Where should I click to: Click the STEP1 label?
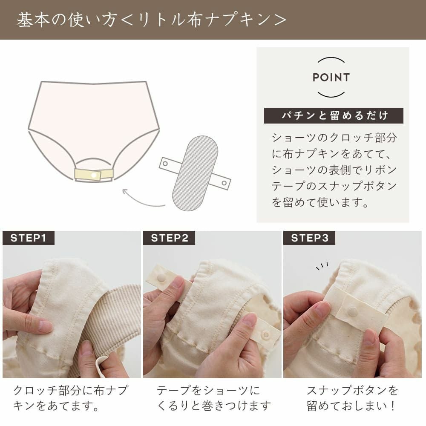tap(28, 238)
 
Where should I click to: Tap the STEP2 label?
tap(169, 238)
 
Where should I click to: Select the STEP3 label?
tap(310, 238)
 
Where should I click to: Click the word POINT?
tap(331, 78)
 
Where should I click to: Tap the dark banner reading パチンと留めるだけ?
tap(334, 115)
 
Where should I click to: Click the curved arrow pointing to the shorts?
tap(143, 199)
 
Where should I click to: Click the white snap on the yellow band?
tap(94, 175)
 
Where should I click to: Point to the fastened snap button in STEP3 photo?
tap(352, 312)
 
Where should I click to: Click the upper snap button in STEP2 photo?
tap(161, 277)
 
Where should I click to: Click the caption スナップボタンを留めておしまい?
tap(352, 397)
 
